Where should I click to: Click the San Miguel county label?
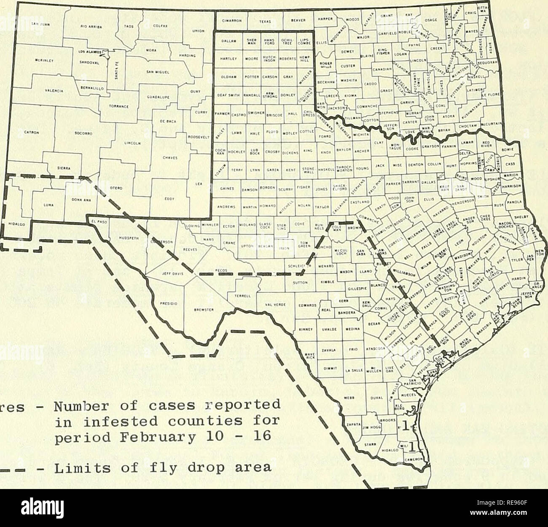coord(152,72)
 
